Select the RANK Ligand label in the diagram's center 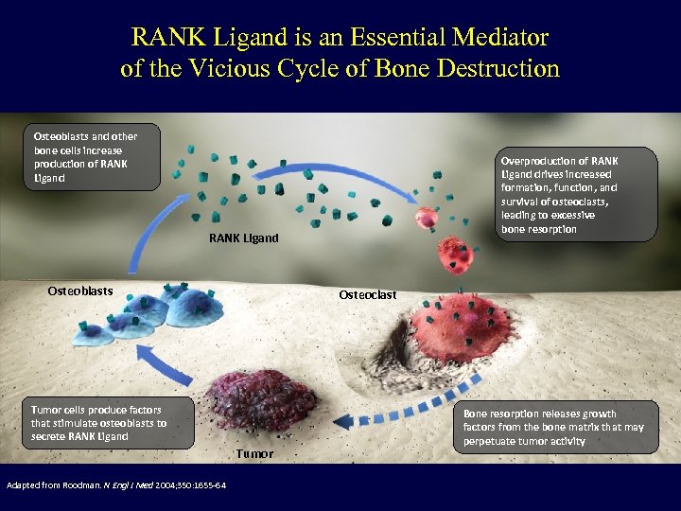(x=243, y=238)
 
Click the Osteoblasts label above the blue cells (x=79, y=291)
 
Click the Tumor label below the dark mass (x=254, y=454)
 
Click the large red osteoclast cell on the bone (x=463, y=326)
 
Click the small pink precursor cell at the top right (x=430, y=219)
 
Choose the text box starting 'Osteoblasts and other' (x=89, y=157)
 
